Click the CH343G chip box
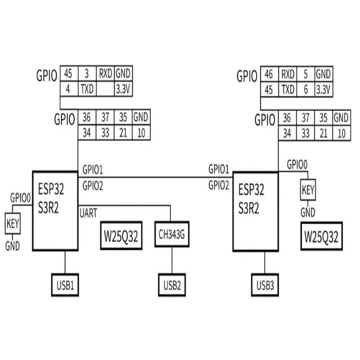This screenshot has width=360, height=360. pyautogui.click(x=172, y=234)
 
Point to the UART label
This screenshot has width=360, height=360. pyautogui.click(x=88, y=213)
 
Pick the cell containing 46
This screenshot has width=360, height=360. pyautogui.click(x=269, y=74)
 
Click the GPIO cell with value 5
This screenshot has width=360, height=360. pyautogui.click(x=306, y=74)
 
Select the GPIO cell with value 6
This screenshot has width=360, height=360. pyautogui.click(x=306, y=90)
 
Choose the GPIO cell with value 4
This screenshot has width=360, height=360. pyautogui.click(x=68, y=90)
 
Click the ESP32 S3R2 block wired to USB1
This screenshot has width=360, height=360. pyautogui.click(x=55, y=210)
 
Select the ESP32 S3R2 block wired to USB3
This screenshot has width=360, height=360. pyautogui.click(x=255, y=210)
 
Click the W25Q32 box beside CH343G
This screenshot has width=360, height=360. pyautogui.click(x=121, y=235)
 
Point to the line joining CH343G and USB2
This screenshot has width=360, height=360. pyautogui.click(x=172, y=260)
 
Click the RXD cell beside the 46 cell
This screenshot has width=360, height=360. pyautogui.click(x=288, y=74)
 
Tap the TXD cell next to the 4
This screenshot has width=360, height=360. pyautogui.click(x=87, y=90)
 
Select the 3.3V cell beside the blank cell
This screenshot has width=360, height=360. pyautogui.click(x=123, y=90)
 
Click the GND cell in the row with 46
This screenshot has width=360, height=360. pyautogui.click(x=324, y=74)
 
